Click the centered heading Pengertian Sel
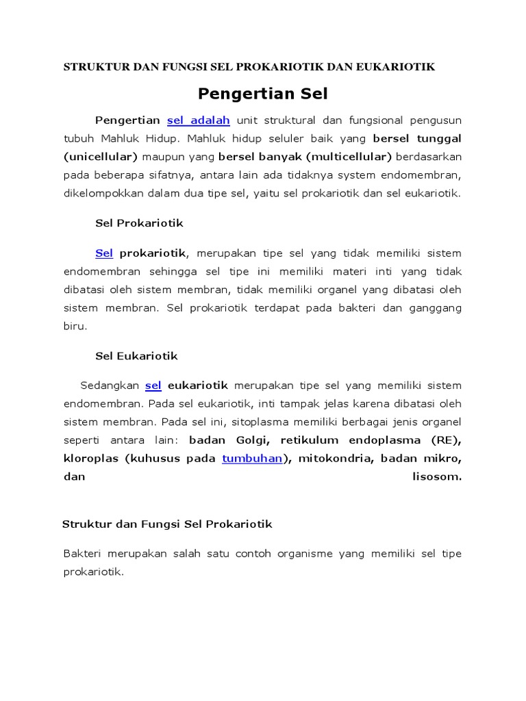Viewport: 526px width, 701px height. click(x=263, y=93)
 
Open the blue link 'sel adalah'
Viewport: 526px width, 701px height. click(x=198, y=120)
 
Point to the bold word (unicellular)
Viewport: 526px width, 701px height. click(x=101, y=157)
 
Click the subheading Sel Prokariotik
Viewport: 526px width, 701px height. click(x=139, y=223)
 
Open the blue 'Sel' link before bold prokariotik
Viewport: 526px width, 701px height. click(x=104, y=253)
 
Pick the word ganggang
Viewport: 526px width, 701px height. click(x=435, y=308)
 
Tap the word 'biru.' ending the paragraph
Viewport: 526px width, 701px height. click(x=75, y=326)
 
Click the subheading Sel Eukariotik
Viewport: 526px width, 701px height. click(x=136, y=356)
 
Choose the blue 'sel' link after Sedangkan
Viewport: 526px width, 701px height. click(x=153, y=385)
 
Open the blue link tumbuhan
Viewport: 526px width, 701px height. click(x=252, y=459)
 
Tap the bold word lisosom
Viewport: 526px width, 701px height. click(x=437, y=476)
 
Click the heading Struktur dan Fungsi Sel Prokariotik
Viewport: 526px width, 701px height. click(x=167, y=524)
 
